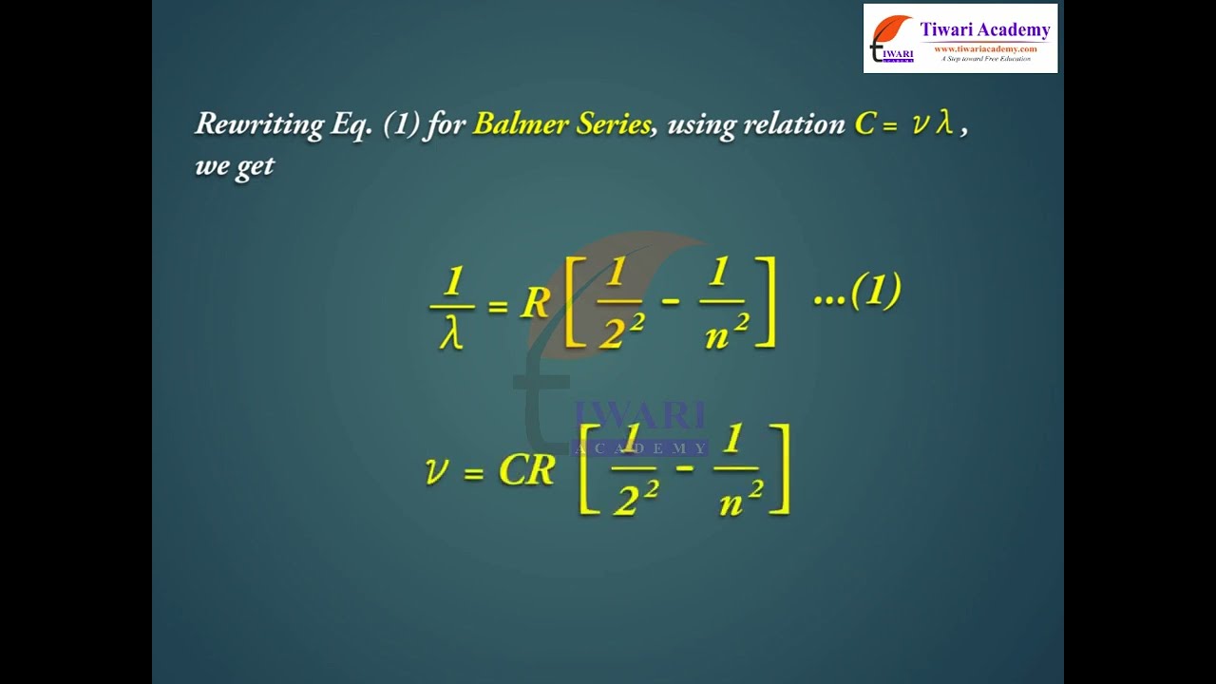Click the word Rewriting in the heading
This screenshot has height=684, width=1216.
(260, 124)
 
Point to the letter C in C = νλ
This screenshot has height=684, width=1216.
(865, 123)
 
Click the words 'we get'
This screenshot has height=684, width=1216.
(235, 165)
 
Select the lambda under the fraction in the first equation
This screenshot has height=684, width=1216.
(451, 332)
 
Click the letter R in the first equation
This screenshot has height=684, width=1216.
(535, 303)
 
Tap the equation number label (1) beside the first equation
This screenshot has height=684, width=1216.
(876, 291)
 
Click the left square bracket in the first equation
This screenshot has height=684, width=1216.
(575, 302)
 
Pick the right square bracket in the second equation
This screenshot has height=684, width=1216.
(782, 469)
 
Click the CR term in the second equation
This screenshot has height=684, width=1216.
(526, 469)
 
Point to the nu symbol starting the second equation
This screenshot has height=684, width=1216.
(437, 470)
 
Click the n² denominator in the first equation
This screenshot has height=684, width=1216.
(727, 332)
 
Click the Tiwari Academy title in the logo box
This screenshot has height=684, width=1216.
(985, 29)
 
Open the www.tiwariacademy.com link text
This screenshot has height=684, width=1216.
(985, 48)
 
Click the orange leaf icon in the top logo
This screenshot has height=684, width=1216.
(891, 29)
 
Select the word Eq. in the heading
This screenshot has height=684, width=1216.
(351, 124)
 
